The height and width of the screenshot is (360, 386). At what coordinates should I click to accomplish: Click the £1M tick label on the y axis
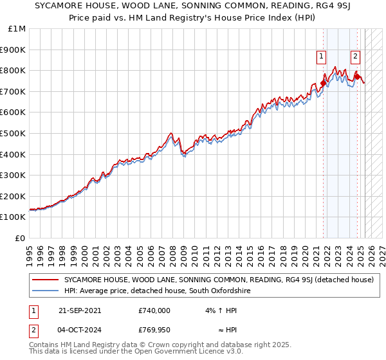(x=17, y=29)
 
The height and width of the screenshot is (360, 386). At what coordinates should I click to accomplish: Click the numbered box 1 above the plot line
(x=321, y=57)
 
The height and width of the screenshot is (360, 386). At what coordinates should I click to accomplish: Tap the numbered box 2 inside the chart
(x=354, y=57)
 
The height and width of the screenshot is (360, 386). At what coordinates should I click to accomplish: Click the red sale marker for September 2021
(x=323, y=83)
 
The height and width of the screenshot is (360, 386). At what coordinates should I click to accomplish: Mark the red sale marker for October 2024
(x=356, y=76)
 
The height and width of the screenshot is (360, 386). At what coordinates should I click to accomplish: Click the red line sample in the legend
(x=46, y=280)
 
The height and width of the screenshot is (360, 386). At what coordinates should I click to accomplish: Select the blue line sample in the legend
(x=46, y=291)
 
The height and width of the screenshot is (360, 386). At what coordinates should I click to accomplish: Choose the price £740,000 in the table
(x=154, y=310)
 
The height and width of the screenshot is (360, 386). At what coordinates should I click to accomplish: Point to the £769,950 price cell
(x=154, y=330)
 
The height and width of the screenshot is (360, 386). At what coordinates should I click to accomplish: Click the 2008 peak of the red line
(x=171, y=133)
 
